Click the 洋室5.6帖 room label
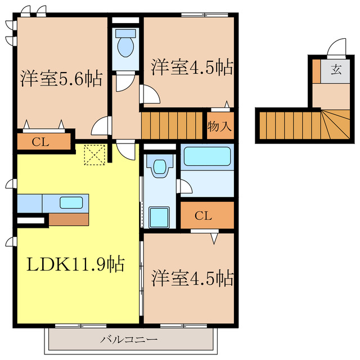click(x=61, y=79)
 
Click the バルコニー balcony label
click(x=129, y=339)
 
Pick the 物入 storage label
click(x=220, y=126)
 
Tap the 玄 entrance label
click(x=336, y=70)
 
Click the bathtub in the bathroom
click(x=208, y=156)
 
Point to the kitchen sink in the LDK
click(x=71, y=202)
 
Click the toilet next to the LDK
click(x=159, y=166)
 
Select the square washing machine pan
click(x=160, y=217)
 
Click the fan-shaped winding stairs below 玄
click(x=335, y=124)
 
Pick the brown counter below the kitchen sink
click(x=68, y=219)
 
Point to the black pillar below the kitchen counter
click(x=30, y=220)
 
